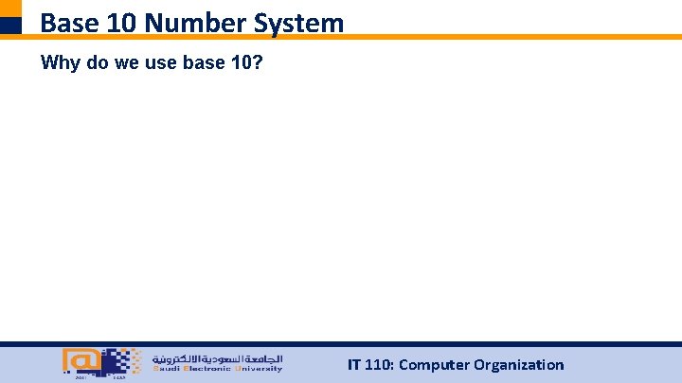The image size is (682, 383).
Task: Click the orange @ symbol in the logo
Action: [x=80, y=360]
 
